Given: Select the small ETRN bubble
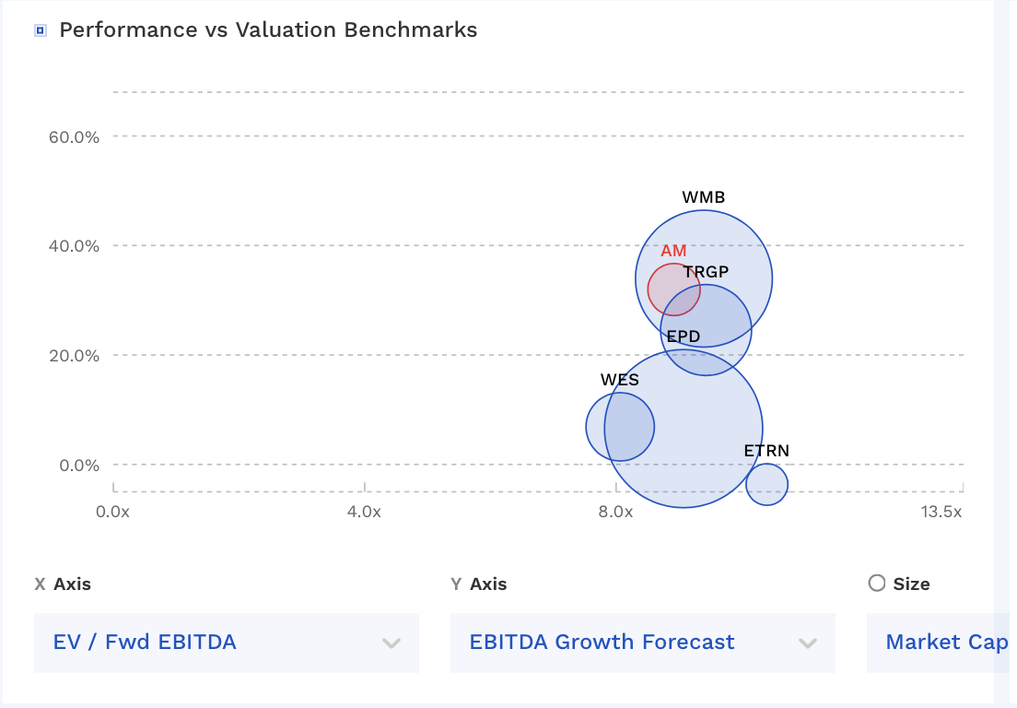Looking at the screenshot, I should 766,484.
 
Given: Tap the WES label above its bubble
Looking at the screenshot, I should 619,380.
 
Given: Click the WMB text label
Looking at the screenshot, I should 703,197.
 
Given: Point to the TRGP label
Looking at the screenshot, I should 706,272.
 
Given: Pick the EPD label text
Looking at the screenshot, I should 684,336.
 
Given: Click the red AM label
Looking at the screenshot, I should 673,251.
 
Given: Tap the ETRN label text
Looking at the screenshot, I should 766,451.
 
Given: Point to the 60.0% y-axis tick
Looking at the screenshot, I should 73,136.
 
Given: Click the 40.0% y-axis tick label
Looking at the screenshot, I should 73,246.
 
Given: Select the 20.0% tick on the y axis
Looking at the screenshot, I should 73,356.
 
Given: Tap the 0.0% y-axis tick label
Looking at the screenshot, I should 77,466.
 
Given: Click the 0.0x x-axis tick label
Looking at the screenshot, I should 113,512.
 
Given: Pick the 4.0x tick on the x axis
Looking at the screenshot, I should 365,512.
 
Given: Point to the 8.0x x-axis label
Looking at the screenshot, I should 615,512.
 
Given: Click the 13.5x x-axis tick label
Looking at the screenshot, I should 941,512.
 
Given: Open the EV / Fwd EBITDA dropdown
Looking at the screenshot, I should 226,643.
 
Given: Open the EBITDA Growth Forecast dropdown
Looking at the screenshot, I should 642,643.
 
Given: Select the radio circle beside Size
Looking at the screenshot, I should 877,583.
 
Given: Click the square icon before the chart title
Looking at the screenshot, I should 40,30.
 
